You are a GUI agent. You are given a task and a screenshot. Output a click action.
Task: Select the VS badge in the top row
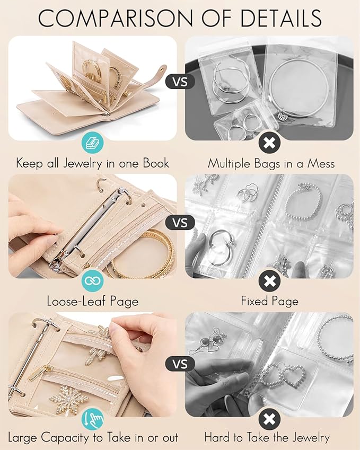[180, 82]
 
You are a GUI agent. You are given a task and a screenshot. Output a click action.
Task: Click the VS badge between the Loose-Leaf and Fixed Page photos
[180, 222]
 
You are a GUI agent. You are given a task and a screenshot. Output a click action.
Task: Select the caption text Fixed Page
[269, 301]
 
